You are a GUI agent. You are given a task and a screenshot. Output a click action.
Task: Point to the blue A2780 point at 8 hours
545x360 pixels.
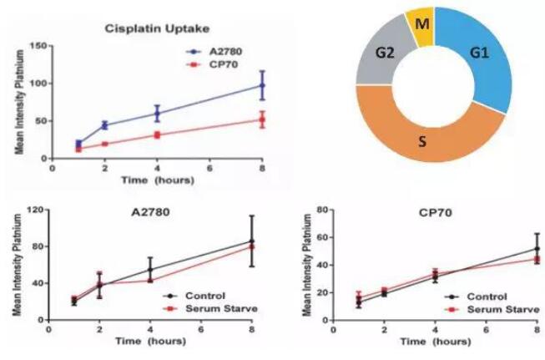pyautogui.click(x=262, y=85)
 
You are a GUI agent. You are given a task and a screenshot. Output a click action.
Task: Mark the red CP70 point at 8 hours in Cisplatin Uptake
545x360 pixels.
pyautogui.click(x=262, y=119)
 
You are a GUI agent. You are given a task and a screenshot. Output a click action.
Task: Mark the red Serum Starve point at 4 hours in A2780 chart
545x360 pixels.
pyautogui.click(x=150, y=280)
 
